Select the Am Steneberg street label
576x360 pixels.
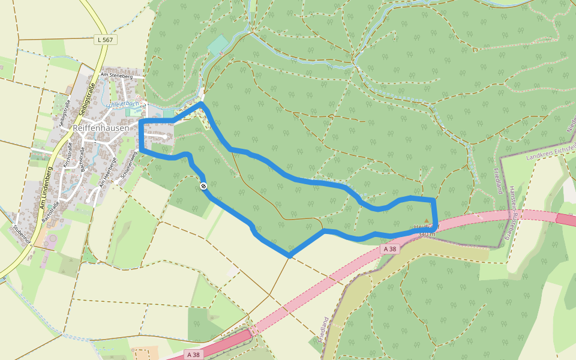click(x=116, y=76)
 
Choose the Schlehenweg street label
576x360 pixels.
click(x=128, y=163)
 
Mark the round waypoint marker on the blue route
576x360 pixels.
click(x=204, y=186)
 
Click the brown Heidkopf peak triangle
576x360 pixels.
click(x=427, y=220)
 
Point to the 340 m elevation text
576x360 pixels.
click(x=426, y=233)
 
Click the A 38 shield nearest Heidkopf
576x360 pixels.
click(x=390, y=248)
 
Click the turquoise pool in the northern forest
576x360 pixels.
click(x=218, y=46)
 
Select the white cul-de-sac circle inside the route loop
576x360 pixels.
click(x=164, y=137)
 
